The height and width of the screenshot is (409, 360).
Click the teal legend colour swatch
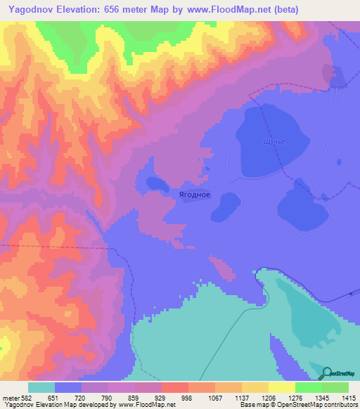click(41, 387)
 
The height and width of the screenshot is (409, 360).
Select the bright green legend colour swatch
click(308, 387)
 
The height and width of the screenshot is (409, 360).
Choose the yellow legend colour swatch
click(281, 387)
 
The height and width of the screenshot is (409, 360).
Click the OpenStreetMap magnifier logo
click(328, 374)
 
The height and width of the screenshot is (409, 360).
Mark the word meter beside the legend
click(11, 397)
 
